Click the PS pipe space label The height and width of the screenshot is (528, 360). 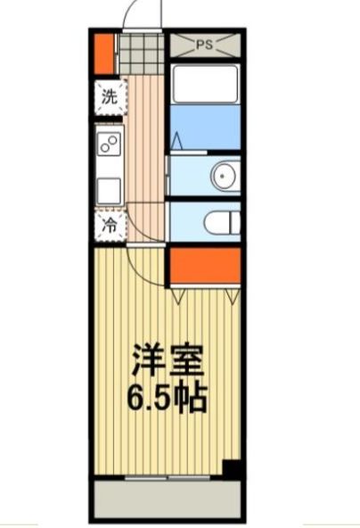tap(204, 43)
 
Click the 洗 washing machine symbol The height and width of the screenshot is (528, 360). tap(109, 97)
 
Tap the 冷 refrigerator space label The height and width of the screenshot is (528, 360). tap(109, 226)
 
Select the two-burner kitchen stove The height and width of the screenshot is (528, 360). tap(110, 143)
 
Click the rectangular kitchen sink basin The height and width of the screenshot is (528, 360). tap(110, 190)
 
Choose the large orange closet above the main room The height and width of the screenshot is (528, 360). tap(204, 266)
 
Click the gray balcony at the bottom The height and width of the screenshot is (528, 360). tap(168, 500)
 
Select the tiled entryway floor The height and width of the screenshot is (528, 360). tap(143, 54)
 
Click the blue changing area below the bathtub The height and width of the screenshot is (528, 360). tap(204, 128)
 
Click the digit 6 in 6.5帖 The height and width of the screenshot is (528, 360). tap(139, 397)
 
